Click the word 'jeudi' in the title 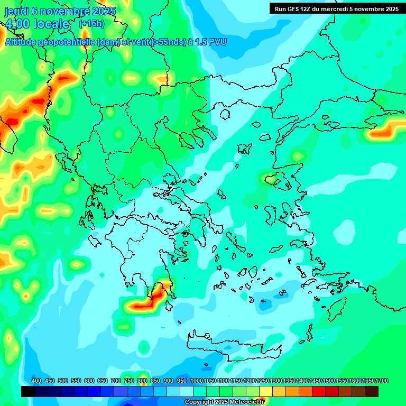click(x=16, y=11)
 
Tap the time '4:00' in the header click(x=17, y=24)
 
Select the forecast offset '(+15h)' click(x=91, y=24)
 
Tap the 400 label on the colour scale click(x=36, y=381)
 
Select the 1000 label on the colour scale click(x=196, y=381)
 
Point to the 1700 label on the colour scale click(x=382, y=381)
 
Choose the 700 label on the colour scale click(x=116, y=381)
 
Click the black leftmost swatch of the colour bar click(x=28, y=391)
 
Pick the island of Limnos click(x=244, y=149)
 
